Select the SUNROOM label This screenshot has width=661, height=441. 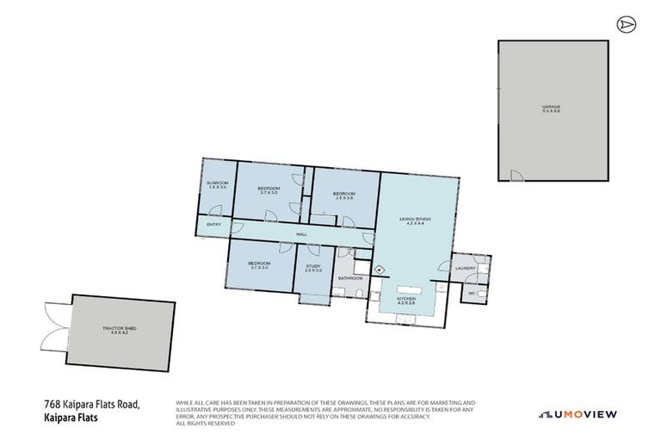216,184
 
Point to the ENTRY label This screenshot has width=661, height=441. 214,226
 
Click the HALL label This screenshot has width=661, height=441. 301,233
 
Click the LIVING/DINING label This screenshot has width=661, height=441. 414,220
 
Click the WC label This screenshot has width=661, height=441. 470,293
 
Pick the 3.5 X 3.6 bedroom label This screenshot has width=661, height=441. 344,196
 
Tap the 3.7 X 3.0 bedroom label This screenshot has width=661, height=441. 259,264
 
